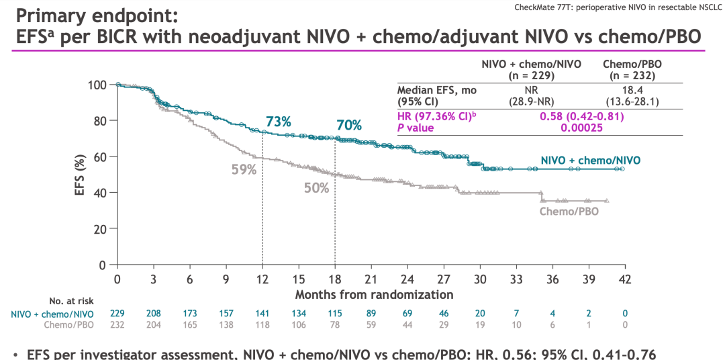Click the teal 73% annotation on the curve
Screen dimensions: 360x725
coord(278,122)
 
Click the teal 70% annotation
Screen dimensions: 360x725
coord(349,125)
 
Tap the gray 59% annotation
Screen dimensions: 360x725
coord(244,170)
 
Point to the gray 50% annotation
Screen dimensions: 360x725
coord(316,188)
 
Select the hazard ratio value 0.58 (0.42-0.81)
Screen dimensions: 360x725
coord(582,116)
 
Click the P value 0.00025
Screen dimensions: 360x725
coord(582,128)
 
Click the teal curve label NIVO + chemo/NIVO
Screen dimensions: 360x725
coord(590,160)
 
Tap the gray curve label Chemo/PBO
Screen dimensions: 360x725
coord(569,211)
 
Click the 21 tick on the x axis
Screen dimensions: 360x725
coord(371,279)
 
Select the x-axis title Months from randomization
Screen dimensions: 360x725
coord(374,294)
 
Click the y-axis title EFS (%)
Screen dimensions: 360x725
coord(80,175)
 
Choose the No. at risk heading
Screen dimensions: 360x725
coord(72,300)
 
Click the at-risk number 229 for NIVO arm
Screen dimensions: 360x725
coord(117,314)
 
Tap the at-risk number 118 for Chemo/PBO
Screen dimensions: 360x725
coord(262,325)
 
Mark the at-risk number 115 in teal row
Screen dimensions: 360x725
coord(335,314)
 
